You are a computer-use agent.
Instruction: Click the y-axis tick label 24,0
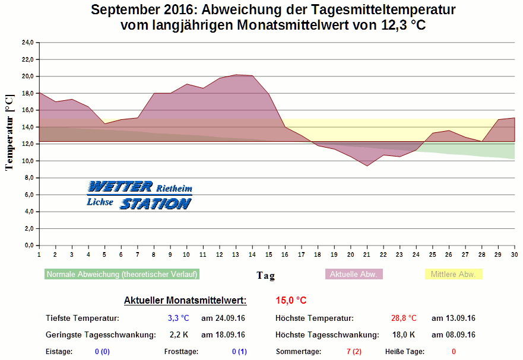[x=28, y=43]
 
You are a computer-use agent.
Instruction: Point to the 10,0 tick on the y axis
[x=28, y=161]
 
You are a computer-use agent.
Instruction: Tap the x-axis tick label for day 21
[x=368, y=254]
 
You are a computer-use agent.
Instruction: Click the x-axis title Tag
[x=265, y=275]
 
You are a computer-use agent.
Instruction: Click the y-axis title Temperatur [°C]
[x=9, y=132]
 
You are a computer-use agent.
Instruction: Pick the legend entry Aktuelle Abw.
[x=354, y=274]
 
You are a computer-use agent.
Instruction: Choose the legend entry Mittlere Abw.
[x=454, y=274]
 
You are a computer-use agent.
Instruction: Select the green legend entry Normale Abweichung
[x=122, y=274]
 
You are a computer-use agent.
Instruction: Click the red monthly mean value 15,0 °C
[x=291, y=301]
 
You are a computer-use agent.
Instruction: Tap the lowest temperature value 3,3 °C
[x=178, y=318]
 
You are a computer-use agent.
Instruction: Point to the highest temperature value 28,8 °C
[x=404, y=318]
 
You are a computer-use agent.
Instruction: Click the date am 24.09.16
[x=223, y=318]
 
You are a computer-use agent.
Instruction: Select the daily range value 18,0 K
[x=404, y=335]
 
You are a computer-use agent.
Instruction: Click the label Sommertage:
[x=299, y=352]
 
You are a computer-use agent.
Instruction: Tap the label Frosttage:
[x=182, y=352]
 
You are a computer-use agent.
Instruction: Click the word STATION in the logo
[x=156, y=203]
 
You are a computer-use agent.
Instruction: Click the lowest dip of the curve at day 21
[x=367, y=166]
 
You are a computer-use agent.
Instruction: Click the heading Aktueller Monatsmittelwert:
[x=185, y=301]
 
